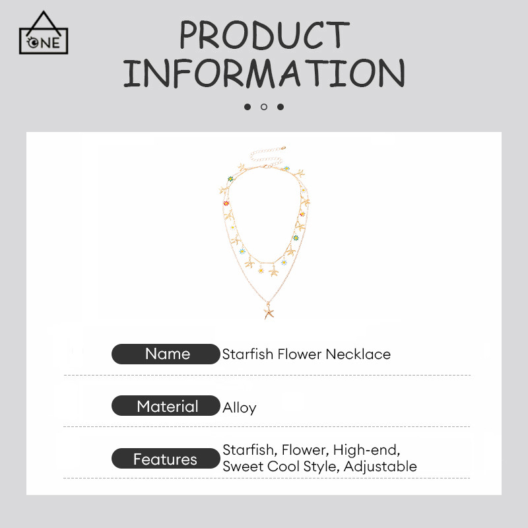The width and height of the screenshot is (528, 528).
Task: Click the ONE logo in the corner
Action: (44, 33)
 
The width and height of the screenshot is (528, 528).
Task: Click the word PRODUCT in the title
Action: (265, 34)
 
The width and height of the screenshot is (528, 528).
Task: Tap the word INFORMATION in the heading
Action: (264, 73)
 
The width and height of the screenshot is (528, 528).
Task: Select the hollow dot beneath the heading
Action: (264, 107)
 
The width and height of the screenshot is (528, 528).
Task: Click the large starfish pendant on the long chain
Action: (269, 310)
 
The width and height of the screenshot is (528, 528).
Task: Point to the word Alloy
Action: (240, 407)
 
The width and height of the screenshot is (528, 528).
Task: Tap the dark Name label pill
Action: (166, 354)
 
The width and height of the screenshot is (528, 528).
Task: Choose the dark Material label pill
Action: (166, 406)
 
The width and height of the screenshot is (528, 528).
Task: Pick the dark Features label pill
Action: (166, 459)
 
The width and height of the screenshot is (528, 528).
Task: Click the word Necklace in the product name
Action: (358, 354)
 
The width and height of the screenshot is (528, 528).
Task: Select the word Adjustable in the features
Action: (380, 467)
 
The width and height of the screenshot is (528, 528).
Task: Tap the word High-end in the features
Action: (367, 450)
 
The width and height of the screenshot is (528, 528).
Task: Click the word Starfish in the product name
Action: (247, 354)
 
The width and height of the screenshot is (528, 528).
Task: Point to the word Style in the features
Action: (321, 467)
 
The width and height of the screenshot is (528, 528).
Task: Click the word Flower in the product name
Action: (299, 354)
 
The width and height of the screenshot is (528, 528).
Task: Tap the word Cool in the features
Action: (284, 467)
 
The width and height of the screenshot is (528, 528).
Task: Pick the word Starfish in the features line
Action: (250, 450)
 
